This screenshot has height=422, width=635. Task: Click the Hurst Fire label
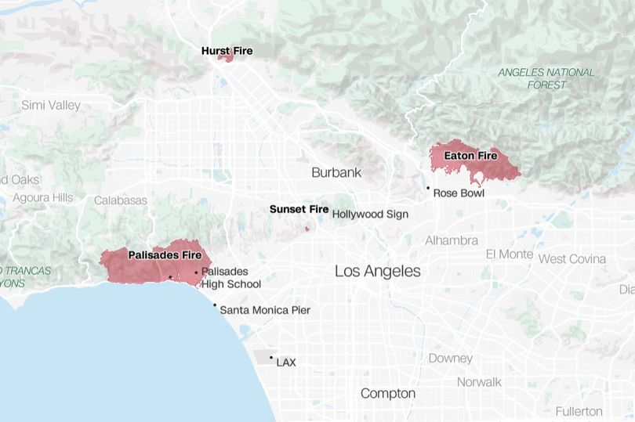pyautogui.click(x=227, y=51)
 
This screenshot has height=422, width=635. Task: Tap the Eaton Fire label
pyautogui.click(x=470, y=156)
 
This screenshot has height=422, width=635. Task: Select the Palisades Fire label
pyautogui.click(x=165, y=255)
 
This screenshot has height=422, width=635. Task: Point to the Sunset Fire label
pyautogui.click(x=299, y=210)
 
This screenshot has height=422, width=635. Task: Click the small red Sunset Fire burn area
pyautogui.click(x=307, y=229)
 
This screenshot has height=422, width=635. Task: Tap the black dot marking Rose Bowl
pyautogui.click(x=428, y=188)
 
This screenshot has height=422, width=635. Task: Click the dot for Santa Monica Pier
pyautogui.click(x=215, y=305)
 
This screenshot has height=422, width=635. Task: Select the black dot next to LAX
pyautogui.click(x=271, y=358)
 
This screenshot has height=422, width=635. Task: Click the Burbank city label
pyautogui.click(x=336, y=172)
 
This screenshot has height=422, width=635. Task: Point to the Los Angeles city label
pyautogui.click(x=377, y=272)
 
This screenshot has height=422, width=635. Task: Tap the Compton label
pyautogui.click(x=387, y=393)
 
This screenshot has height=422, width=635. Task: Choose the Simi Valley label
pyautogui.click(x=51, y=105)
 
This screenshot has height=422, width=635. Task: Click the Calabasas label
pyautogui.click(x=121, y=200)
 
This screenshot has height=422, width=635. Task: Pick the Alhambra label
pyautogui.click(x=452, y=240)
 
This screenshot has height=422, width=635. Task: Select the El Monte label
pyautogui.click(x=510, y=254)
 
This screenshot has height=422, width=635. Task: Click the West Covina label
pyautogui.click(x=571, y=259)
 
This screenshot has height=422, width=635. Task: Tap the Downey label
pyautogui.click(x=450, y=359)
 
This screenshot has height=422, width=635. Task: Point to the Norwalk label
pyautogui.click(x=479, y=382)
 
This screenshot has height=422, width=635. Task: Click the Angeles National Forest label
pyautogui.click(x=546, y=78)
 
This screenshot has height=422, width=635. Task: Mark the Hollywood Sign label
pyautogui.click(x=370, y=214)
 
